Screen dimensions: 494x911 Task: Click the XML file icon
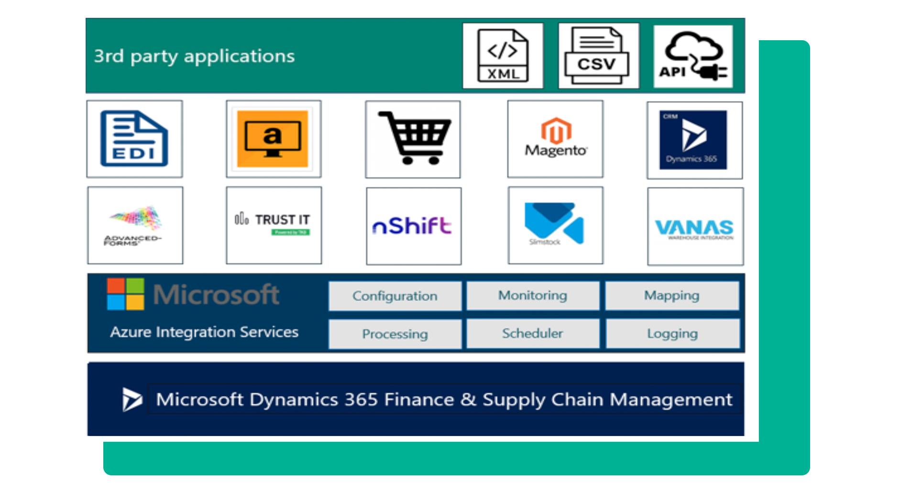[503, 56]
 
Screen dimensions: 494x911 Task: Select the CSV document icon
[598, 56]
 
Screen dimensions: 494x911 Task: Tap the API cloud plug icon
[693, 56]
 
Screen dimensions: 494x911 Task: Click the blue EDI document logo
[134, 139]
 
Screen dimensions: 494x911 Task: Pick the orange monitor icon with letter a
[273, 139]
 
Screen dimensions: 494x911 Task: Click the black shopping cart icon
[413, 139]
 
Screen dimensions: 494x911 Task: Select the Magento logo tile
[555, 139]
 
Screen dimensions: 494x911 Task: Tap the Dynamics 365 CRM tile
[694, 140]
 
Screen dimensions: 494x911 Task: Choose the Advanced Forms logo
[135, 225]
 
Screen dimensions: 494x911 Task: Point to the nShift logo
[413, 226]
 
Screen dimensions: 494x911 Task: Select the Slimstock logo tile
[555, 225]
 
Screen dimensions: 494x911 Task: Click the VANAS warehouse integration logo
[695, 227]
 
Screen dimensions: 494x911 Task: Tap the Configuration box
[395, 296]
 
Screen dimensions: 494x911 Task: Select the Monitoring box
[533, 295]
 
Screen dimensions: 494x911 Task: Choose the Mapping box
[671, 295]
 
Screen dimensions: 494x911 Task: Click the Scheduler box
[533, 333]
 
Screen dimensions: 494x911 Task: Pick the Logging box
[672, 334]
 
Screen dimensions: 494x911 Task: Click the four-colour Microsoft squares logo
[125, 294]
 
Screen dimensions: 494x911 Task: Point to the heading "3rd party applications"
[194, 56]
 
